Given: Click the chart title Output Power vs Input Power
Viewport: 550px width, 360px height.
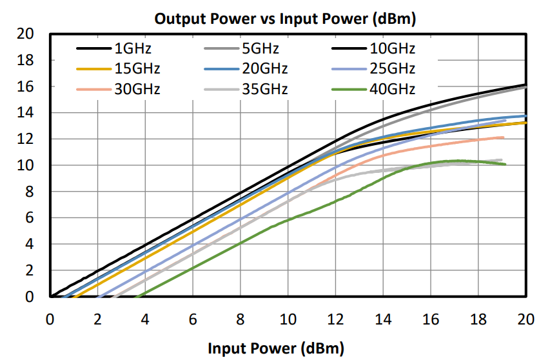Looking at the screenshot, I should point(285,19).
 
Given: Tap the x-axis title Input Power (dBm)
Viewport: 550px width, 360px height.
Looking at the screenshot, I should point(271,348).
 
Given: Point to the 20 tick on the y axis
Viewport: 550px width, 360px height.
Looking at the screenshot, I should point(25,34).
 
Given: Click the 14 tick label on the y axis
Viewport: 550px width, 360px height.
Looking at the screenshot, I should point(25,113).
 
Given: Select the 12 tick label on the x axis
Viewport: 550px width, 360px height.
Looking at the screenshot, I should point(336,318).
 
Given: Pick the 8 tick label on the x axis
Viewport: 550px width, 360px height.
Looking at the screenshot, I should point(241,318).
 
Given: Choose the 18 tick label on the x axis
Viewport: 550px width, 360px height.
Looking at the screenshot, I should point(479,318).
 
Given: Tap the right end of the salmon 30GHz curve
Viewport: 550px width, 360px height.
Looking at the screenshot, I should point(503,137).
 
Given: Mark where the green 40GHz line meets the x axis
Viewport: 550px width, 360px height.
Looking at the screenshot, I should point(136,297).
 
